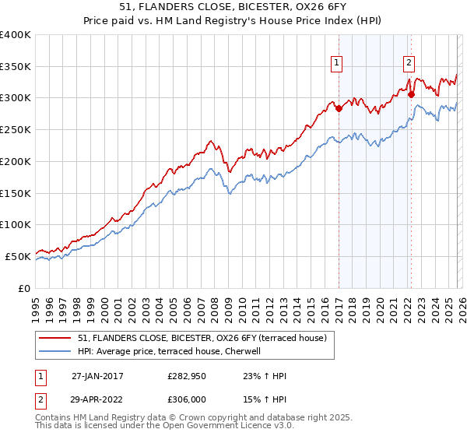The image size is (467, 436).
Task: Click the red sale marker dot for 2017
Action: [x=339, y=109]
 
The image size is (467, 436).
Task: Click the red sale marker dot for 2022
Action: [x=411, y=95]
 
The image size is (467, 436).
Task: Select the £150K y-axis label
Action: [x=16, y=193]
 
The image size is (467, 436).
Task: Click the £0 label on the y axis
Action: [x=24, y=288]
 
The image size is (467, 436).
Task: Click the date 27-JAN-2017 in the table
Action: [x=97, y=376]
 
